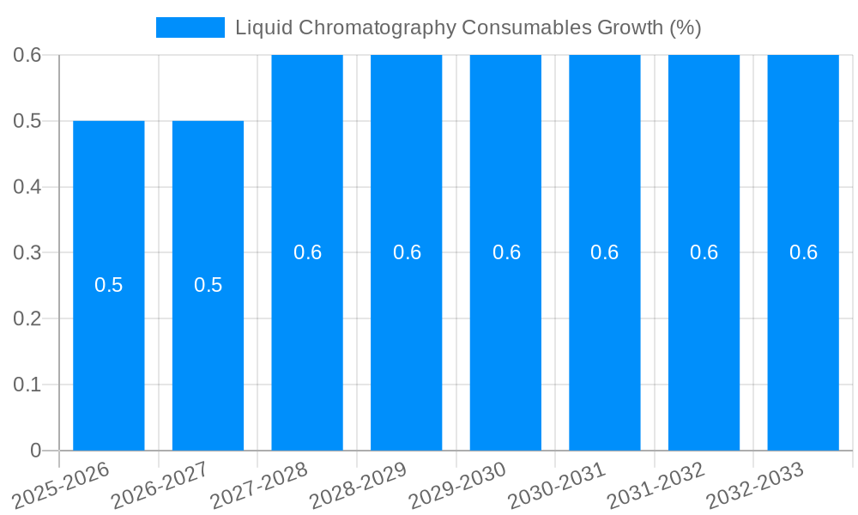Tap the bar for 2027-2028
coord(307,343)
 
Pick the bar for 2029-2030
coord(505,343)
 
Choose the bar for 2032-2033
coord(803,343)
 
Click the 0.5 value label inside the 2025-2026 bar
coord(108,285)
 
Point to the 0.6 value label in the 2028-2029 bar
coord(407,252)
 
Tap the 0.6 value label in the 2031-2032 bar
coord(704,252)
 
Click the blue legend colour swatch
coord(190,27)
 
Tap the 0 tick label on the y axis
coord(35,451)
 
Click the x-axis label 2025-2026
coord(63,484)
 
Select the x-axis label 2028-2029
coord(360,484)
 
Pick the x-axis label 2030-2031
coord(559,484)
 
